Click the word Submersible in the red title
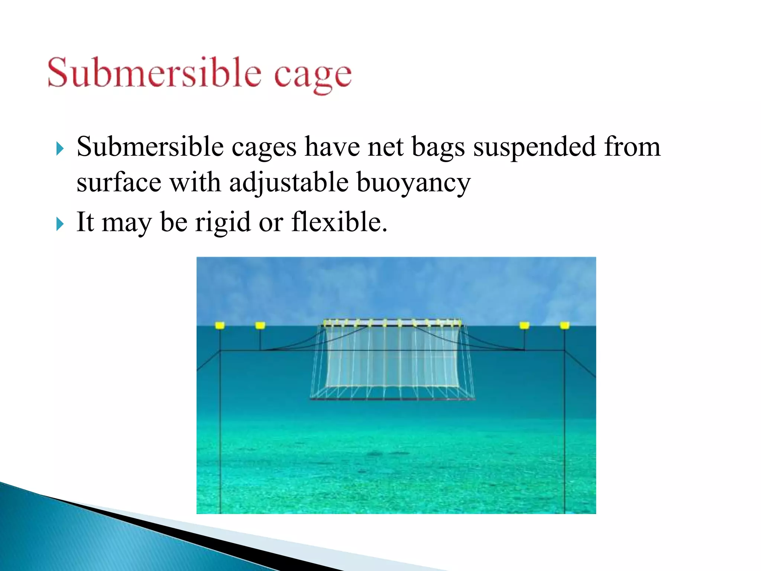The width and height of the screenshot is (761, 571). (x=154, y=72)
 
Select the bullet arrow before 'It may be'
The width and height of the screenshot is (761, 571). (x=60, y=224)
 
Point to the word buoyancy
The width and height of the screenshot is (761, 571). (x=413, y=183)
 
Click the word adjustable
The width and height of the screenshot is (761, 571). (x=289, y=183)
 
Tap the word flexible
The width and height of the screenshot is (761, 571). (x=339, y=222)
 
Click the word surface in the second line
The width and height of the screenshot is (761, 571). (x=119, y=183)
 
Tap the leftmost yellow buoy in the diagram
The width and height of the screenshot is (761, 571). (x=220, y=326)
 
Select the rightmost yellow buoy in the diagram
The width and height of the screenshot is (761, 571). (x=564, y=326)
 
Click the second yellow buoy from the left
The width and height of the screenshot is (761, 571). (x=260, y=326)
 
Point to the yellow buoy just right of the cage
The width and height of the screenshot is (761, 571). (x=524, y=326)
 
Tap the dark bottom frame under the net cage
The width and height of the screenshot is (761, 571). (x=392, y=399)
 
